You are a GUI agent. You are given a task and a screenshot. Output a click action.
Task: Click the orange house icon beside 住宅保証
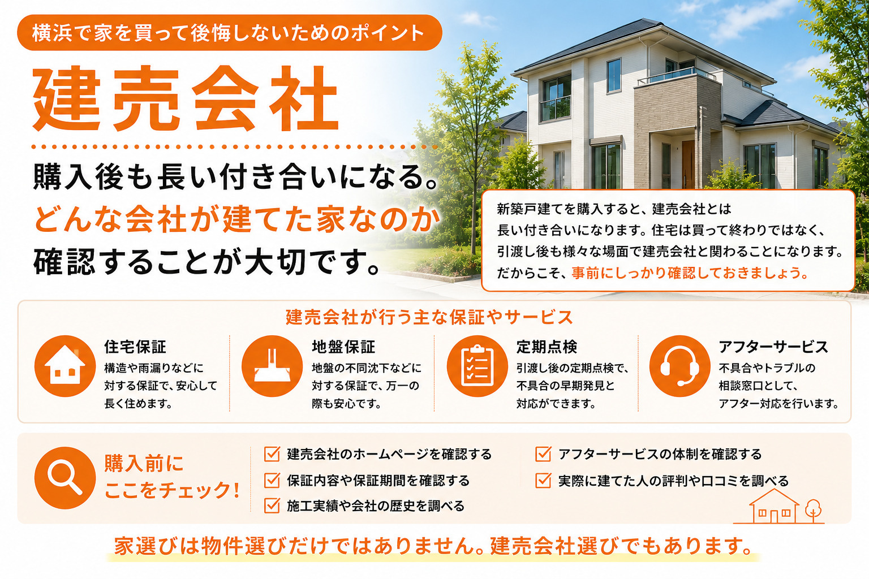coord(65,366)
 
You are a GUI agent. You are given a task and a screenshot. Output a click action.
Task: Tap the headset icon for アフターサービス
coord(679,366)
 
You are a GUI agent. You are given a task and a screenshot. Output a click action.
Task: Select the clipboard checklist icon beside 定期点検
coord(477,366)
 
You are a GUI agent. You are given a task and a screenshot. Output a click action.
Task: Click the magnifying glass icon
coord(65,478)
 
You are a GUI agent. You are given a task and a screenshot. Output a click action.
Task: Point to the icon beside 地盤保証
coord(272,366)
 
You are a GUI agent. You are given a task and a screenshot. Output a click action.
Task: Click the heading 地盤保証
coord(343,347)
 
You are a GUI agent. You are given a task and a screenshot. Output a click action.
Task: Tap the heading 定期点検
coord(547,347)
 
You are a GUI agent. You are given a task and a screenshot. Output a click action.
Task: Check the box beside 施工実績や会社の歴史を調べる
coord(272,505)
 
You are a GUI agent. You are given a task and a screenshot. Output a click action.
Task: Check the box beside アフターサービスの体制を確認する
coord(543,453)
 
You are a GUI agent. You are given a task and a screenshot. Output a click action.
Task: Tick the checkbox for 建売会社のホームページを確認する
coord(272,453)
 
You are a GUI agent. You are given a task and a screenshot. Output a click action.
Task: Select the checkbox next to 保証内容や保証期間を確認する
coord(272,480)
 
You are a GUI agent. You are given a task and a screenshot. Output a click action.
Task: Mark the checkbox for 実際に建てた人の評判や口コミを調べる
coord(543,480)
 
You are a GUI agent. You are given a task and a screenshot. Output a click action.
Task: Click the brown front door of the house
coord(688,164)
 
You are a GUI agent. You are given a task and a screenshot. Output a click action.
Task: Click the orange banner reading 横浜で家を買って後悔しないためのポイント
coord(230,33)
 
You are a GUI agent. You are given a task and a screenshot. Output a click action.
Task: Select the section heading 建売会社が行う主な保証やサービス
coord(429,317)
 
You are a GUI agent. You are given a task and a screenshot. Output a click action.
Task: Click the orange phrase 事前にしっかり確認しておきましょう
coord(690,273)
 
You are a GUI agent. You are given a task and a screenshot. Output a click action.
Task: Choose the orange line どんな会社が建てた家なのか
coord(238,219)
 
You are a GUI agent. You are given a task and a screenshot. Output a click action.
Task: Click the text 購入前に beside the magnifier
coord(144,464)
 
